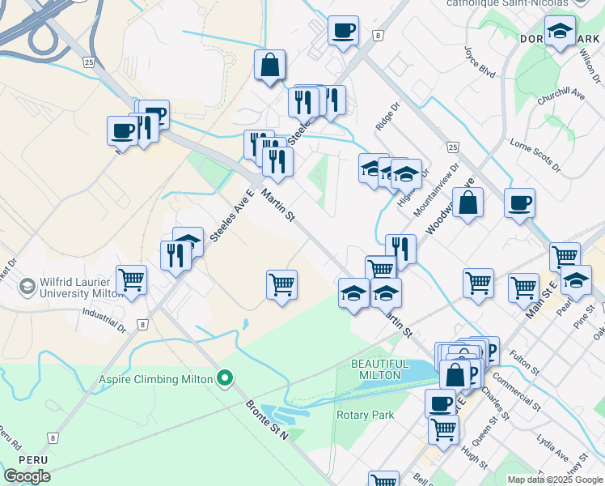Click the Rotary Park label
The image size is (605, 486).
point(365,415)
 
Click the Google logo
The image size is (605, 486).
point(27,476)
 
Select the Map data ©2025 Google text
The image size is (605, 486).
point(554,480)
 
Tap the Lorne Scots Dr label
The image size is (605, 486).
point(535,155)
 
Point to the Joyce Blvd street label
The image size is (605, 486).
point(480,61)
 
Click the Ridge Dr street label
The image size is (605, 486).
point(388,117)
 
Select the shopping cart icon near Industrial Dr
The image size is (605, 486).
point(131,280)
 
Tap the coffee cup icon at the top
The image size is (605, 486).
point(343,30)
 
